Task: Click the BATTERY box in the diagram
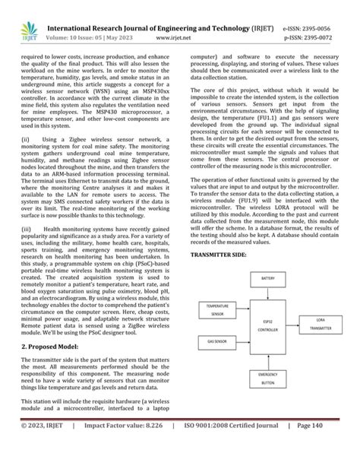tap(268, 279)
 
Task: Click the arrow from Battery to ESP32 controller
tap(268, 297)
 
